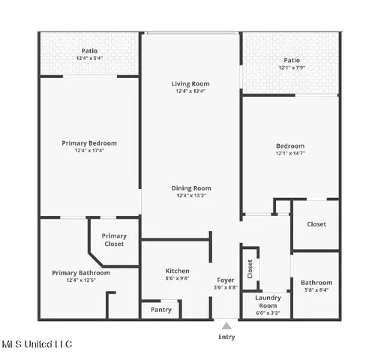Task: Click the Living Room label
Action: point(191,84)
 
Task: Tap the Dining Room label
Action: point(191,188)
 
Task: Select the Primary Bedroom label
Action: point(88,143)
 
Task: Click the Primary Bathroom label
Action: point(81,273)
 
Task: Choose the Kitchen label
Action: point(177,271)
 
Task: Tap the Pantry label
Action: point(161,309)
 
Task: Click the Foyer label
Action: point(226,280)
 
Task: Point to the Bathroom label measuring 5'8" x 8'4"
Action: point(316,283)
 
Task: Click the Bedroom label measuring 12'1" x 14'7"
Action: point(290,145)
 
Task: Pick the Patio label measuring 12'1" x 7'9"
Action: point(292,60)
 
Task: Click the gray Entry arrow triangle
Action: point(226,325)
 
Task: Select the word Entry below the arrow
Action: point(226,337)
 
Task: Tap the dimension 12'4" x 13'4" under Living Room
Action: point(191,91)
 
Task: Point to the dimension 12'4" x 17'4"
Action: point(88,151)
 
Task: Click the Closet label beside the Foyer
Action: point(250,267)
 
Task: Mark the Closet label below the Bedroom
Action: point(316,223)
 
